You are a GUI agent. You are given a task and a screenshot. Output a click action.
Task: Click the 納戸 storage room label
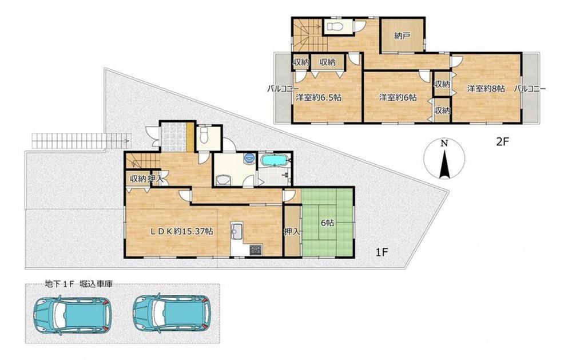(x=402, y=36)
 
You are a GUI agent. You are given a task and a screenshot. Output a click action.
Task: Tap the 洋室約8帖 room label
(x=486, y=88)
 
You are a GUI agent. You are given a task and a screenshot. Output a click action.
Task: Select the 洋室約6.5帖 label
(x=319, y=97)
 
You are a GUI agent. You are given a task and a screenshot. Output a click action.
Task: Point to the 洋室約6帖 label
(x=398, y=97)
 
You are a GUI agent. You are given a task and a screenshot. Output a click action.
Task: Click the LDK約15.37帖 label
(x=182, y=231)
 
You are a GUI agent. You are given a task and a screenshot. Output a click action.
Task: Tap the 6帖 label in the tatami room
(x=327, y=223)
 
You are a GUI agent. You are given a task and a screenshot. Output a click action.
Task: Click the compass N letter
(x=444, y=143)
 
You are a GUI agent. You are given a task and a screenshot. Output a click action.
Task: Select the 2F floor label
(x=502, y=142)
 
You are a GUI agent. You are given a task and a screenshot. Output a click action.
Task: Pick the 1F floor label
(x=381, y=252)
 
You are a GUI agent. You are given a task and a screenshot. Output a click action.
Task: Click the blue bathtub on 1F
(x=275, y=160)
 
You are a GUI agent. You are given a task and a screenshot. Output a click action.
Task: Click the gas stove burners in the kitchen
(x=255, y=250)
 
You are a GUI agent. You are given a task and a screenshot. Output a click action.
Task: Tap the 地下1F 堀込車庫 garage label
(x=78, y=284)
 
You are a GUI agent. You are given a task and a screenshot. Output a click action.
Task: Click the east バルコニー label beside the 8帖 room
(x=530, y=88)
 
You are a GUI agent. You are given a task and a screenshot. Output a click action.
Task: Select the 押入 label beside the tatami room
(x=292, y=231)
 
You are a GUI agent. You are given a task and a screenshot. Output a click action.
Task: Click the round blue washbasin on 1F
(x=249, y=159)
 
